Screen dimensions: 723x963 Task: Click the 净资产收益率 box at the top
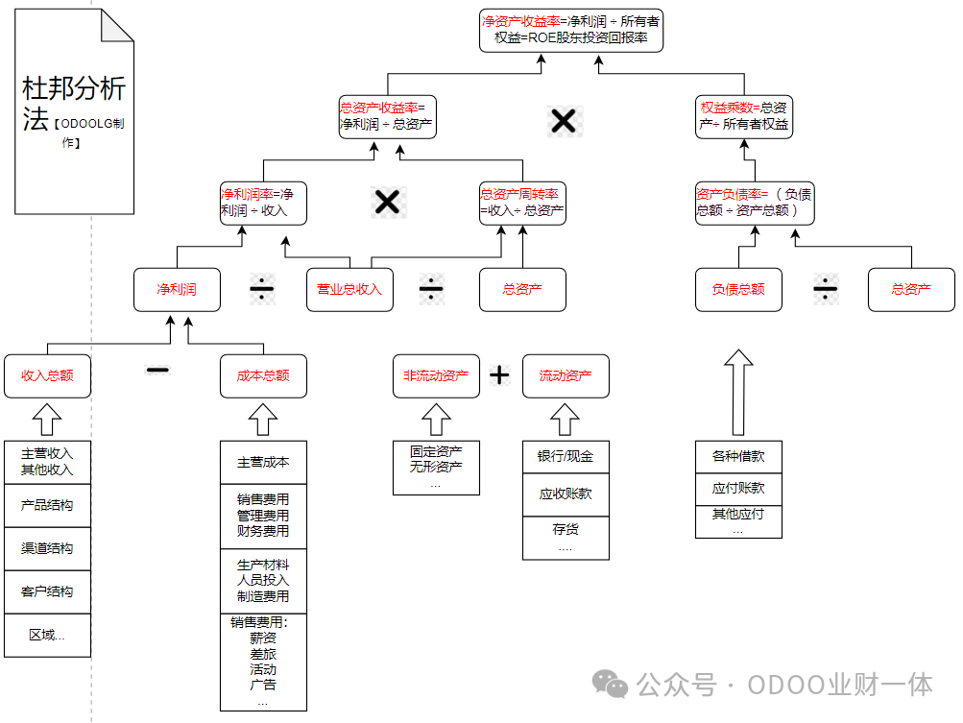(x=570, y=29)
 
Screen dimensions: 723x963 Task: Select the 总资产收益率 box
(x=385, y=115)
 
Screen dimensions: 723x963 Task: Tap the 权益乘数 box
(x=744, y=115)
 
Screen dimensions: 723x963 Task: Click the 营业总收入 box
(x=349, y=289)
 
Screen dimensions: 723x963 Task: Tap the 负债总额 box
(x=738, y=289)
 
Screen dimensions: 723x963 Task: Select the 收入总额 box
(x=47, y=375)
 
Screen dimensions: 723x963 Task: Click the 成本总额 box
(x=263, y=375)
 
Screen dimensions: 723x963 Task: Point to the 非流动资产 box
(x=436, y=375)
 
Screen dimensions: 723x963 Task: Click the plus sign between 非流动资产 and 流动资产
(x=499, y=375)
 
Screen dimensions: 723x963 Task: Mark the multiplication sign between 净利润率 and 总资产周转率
(x=386, y=202)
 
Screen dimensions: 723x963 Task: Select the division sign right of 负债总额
(x=825, y=289)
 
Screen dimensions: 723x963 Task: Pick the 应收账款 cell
(x=566, y=494)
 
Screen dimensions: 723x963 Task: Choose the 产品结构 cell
(x=47, y=505)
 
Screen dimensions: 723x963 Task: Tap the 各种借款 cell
(x=738, y=457)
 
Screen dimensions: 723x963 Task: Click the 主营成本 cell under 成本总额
(x=263, y=462)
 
